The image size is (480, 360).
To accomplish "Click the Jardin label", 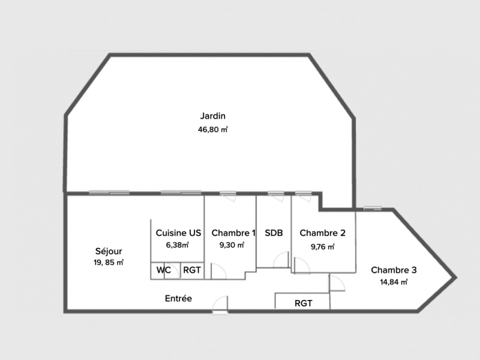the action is click(x=213, y=116).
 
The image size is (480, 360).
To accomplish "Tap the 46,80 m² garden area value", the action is click(x=213, y=130).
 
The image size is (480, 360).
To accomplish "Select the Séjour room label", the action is click(x=109, y=251).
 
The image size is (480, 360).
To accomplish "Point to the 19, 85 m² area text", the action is click(x=109, y=262).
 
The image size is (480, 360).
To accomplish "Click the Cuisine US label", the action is click(x=178, y=233).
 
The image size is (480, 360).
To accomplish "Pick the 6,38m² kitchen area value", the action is click(x=177, y=245).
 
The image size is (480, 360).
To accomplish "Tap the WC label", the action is click(x=163, y=270).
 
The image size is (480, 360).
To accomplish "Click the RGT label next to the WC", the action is click(x=191, y=270).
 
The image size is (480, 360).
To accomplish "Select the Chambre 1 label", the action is click(x=233, y=233).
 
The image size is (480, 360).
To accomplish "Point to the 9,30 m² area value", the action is click(x=232, y=245).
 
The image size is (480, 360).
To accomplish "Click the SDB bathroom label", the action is click(x=274, y=233).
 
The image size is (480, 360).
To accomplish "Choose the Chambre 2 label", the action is click(x=322, y=233).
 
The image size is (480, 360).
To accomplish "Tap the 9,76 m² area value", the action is click(x=322, y=247).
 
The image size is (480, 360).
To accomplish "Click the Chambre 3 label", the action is click(x=394, y=270).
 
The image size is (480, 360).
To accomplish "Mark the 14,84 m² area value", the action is click(x=394, y=282).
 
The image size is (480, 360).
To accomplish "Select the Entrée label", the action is click(x=178, y=298).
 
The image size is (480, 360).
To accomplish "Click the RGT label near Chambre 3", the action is click(x=304, y=304).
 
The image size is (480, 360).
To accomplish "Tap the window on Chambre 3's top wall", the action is click(x=373, y=208).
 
